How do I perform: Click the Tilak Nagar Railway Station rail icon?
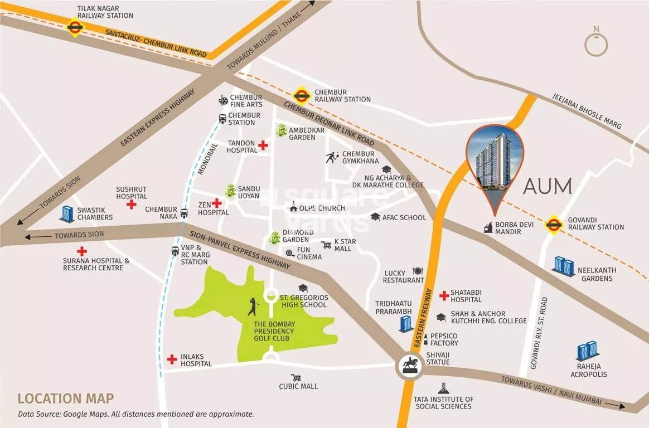click(x=74, y=27)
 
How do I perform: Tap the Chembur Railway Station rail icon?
click(x=301, y=95)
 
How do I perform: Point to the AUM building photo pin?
click(x=495, y=159)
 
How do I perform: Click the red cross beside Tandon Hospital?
click(x=263, y=145)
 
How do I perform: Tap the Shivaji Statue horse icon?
click(x=411, y=366)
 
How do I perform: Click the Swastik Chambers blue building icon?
click(x=67, y=213)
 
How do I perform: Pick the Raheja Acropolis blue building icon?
click(x=587, y=351)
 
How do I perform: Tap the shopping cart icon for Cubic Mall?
click(x=296, y=377)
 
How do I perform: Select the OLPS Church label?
click(x=322, y=208)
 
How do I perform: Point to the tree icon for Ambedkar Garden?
click(x=281, y=131)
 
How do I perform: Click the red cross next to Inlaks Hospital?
click(x=172, y=359)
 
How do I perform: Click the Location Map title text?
click(x=66, y=398)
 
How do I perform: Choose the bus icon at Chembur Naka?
click(x=184, y=213)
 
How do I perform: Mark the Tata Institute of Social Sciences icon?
click(x=443, y=388)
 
